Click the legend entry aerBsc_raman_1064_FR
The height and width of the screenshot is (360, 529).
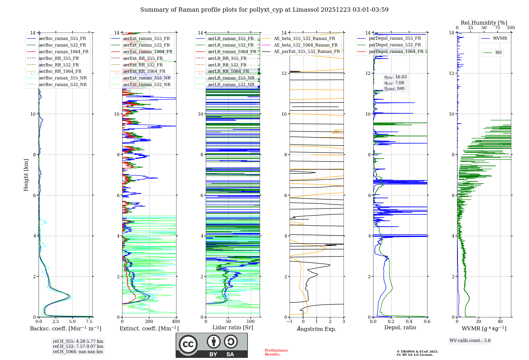pos(63,52)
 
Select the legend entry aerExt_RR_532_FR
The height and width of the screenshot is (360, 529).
pos(143,65)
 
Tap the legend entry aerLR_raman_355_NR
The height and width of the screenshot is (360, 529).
pos(231,78)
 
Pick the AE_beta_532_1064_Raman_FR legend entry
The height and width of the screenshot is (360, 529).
pos(305,45)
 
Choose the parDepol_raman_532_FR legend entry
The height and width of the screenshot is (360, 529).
pos(395,45)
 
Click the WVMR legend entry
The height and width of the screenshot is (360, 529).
pos(500,38)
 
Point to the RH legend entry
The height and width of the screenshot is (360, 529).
pos(498,53)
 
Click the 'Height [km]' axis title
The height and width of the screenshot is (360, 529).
pos(26,175)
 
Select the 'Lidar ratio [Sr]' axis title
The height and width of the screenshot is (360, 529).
pos(233,327)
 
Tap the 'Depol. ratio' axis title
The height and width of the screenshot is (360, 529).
pos(400,327)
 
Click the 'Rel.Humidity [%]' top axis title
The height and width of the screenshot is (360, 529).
pos(484,23)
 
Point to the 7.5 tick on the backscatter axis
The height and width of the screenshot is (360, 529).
pos(89,322)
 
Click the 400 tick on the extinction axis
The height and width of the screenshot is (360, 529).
pos(176,322)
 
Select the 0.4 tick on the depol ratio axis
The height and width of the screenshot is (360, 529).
pos(409,322)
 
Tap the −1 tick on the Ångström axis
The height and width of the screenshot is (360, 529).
pos(290,322)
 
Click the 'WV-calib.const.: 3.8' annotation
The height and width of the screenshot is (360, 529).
pos(470,341)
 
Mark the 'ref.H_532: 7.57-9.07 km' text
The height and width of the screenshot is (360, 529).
pos(78,346)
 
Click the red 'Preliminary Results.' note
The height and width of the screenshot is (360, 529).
pos(276,352)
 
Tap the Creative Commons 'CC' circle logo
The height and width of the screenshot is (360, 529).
pos(188,344)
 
